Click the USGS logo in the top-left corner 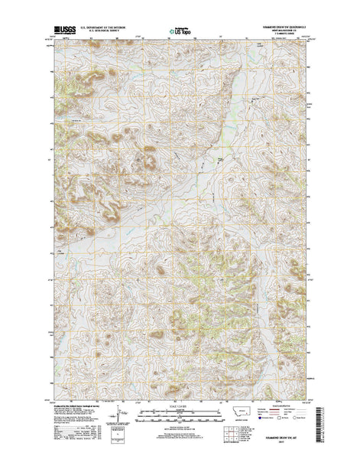click(x=61, y=31)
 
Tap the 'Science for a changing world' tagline click(x=61, y=36)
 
